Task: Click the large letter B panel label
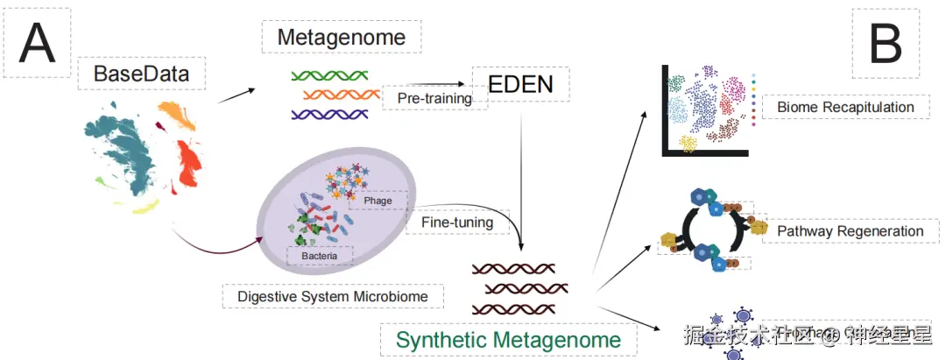[x=886, y=43]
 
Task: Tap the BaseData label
[x=141, y=74]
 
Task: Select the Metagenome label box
[x=341, y=37]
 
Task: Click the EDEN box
[x=521, y=85]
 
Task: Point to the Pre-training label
[x=434, y=98]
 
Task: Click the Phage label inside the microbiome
[x=378, y=201]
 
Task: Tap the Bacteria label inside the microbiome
[x=320, y=255]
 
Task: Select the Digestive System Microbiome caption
[x=333, y=296]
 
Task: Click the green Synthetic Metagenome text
[x=509, y=339]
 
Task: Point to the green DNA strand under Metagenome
[x=329, y=74]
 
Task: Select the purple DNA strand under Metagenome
[x=333, y=114]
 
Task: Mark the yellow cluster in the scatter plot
[x=688, y=144]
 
